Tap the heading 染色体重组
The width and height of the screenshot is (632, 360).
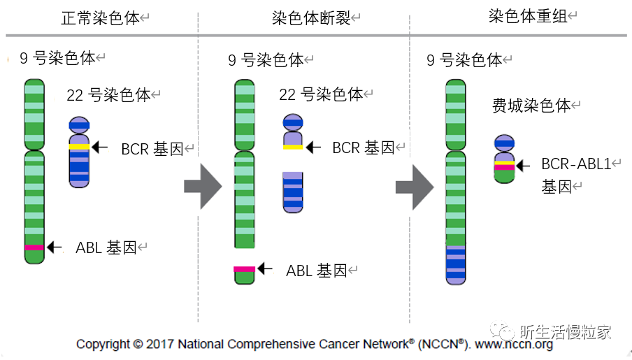pos(518,16)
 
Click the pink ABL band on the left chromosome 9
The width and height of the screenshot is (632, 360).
pos(34,247)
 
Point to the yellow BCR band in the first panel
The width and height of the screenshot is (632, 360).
pos(79,147)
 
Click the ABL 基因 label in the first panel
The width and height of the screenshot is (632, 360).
pos(106,247)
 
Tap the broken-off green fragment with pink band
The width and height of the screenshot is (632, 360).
pos(244,273)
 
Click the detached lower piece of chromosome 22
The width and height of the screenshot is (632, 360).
pos(293,192)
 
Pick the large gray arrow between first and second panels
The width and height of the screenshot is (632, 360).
pos(202,187)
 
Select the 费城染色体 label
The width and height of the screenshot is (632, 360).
pos(531,106)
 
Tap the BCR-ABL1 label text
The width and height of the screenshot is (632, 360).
pos(581,165)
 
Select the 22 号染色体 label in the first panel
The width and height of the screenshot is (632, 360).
pos(108,96)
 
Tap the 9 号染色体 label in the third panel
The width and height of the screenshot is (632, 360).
pos(464,60)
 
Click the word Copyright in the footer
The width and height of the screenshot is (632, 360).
pos(103,344)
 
